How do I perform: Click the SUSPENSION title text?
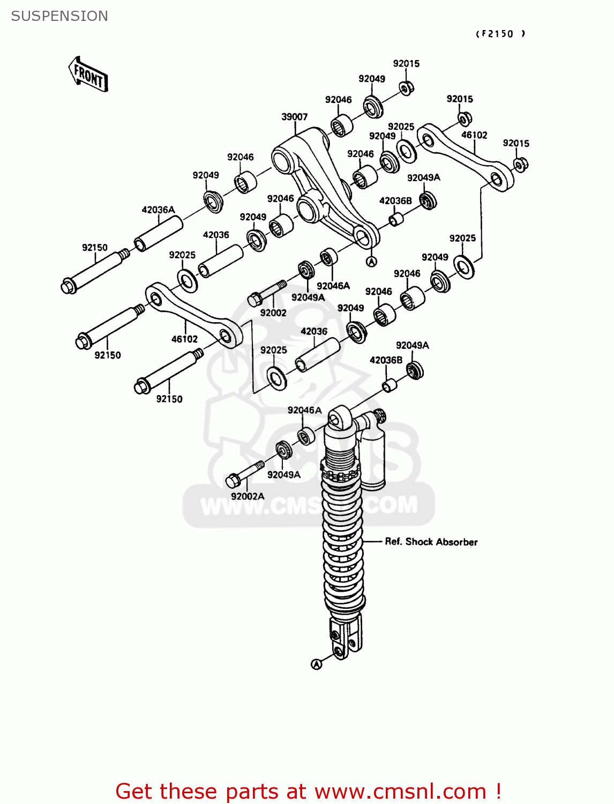[59, 16]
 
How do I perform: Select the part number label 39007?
[294, 117]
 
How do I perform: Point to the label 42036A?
[158, 210]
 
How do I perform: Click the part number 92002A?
[248, 496]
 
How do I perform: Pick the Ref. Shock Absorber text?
[431, 542]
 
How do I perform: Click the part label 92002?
[273, 312]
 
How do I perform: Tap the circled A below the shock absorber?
[317, 664]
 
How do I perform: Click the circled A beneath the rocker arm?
[371, 262]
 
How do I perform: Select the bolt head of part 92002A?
[233, 481]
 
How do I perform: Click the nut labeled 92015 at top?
[407, 87]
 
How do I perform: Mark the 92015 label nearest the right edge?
[516, 143]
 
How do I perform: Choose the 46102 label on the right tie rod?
[474, 135]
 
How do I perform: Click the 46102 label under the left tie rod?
[184, 339]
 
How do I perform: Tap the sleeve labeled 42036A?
[159, 234]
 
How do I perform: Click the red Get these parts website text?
[308, 791]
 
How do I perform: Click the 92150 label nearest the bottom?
[169, 399]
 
